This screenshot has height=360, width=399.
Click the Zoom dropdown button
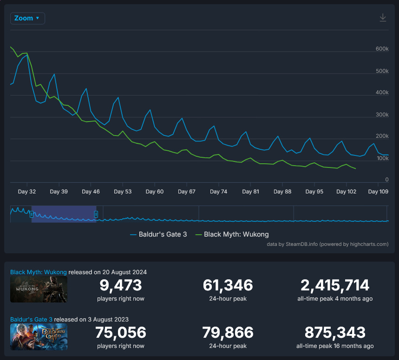[27, 18]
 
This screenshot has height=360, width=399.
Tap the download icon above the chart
[383, 18]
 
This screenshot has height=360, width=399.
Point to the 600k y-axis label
[382, 49]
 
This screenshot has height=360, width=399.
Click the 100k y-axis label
[382, 159]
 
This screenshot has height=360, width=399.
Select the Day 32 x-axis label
[26, 192]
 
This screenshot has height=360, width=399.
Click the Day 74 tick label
[218, 192]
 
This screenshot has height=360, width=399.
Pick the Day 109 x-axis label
[378, 192]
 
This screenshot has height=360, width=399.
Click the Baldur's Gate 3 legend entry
[159, 234]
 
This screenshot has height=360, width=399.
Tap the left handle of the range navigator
[31, 214]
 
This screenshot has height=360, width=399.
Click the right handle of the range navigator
[96, 214]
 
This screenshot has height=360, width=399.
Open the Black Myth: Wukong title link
[39, 272]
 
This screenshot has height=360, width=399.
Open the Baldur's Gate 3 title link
[35, 319]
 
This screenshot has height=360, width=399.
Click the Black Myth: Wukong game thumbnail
[39, 289]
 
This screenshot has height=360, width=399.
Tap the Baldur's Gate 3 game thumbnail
[39, 337]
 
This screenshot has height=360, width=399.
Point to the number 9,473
[121, 285]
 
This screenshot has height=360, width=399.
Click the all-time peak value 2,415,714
[334, 285]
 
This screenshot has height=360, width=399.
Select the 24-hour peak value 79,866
[228, 332]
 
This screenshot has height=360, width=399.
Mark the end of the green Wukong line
[356, 168]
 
